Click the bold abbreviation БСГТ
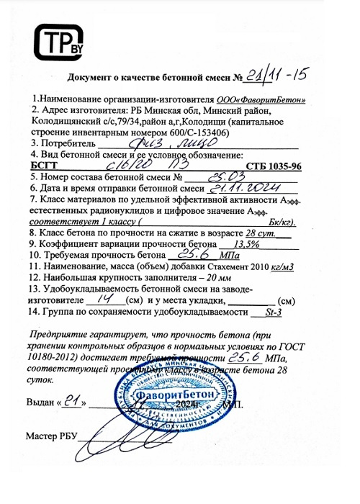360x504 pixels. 44,166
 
